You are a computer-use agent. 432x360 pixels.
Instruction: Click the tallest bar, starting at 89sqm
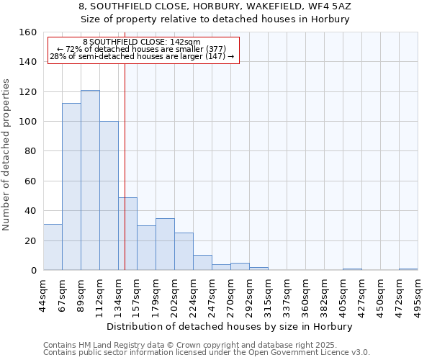point(90,180)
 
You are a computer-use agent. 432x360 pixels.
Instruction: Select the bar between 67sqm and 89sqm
point(71,186)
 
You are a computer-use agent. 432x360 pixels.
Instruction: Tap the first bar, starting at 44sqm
point(53,247)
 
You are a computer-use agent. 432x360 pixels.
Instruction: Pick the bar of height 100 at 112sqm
point(109,196)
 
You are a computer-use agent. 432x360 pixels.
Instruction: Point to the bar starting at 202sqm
point(184,251)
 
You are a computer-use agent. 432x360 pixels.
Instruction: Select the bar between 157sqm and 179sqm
point(146,248)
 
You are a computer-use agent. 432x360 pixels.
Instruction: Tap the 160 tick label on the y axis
point(28,32)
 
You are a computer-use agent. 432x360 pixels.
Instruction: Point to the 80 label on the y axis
point(31,151)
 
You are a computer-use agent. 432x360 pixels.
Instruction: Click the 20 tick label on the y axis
point(31,240)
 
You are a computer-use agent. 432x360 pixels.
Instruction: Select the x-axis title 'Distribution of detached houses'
point(230,326)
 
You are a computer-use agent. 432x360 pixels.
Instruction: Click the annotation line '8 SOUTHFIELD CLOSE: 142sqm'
point(142,42)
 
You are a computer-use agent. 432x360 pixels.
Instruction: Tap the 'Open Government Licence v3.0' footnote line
point(207,352)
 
